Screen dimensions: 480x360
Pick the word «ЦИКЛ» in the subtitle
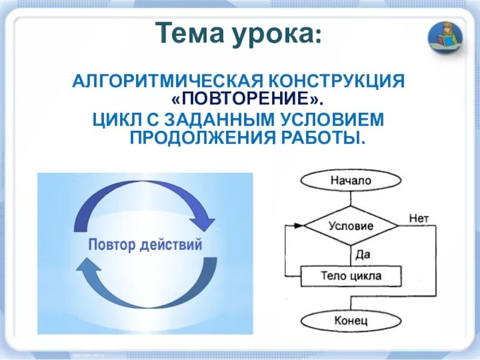[113, 119]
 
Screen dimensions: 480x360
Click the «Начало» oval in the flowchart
[351, 180]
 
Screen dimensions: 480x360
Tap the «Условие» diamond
[351, 226]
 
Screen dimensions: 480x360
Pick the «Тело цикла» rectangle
[351, 276]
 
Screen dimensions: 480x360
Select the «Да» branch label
[363, 254]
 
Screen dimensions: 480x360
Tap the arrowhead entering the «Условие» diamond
[298, 226]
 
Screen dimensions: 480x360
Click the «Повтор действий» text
[145, 245]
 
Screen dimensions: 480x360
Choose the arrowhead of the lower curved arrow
[84, 266]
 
